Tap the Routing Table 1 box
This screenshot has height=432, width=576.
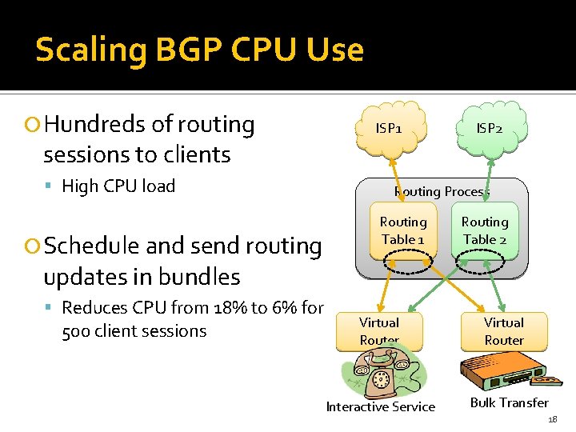pyautogui.click(x=403, y=230)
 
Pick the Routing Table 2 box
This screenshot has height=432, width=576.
pyautogui.click(x=485, y=230)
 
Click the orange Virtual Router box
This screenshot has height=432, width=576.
pyautogui.click(x=379, y=330)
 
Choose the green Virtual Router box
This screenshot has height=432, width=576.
pyautogui.click(x=504, y=330)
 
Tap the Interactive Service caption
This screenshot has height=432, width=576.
pyautogui.click(x=381, y=407)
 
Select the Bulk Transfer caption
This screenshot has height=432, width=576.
pyautogui.click(x=510, y=402)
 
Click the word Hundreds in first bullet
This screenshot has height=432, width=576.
pyautogui.click(x=96, y=125)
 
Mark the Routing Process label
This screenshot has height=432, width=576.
pyautogui.click(x=441, y=191)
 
